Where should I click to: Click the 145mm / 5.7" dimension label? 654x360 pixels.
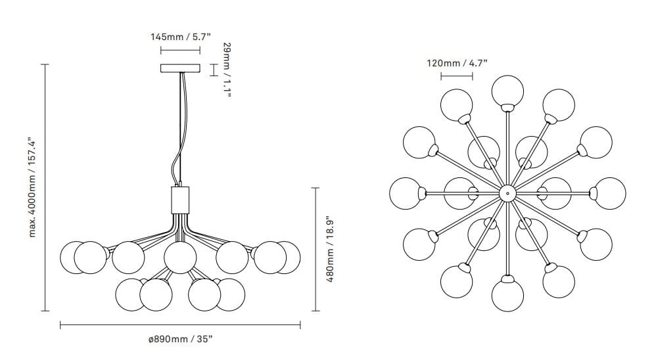pos(181,37)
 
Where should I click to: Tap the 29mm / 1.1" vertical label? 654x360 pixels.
pos(227,70)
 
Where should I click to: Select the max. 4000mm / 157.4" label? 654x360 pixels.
pos(33,187)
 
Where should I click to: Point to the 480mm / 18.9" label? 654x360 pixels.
pos(330,249)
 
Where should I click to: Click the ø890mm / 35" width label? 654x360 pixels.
pos(181,339)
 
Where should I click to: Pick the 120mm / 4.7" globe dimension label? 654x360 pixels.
pos(457,63)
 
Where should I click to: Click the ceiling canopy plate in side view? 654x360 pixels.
pos(181,68)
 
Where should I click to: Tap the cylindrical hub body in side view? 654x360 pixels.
pos(180,200)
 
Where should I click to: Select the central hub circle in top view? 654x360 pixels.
pos(507,193)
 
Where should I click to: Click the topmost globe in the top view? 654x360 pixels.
pos(507,91)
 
